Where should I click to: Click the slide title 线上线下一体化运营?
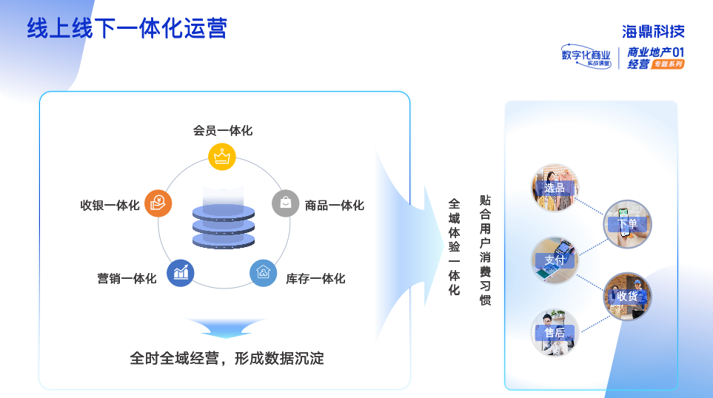pos(127,28)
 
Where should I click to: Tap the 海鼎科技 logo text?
pos(653,31)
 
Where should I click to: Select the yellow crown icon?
pos(221,156)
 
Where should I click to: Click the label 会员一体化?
pos(222,130)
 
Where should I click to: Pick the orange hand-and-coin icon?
pos(158,203)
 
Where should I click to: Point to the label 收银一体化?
pos(110,205)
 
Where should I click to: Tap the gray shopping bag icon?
pos(285,203)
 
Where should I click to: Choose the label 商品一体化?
pos(335,205)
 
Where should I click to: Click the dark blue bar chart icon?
pos(181,273)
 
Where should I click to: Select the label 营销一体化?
pos(127,279)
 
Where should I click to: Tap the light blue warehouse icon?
pos(263,273)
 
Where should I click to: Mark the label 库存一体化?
pos(315,279)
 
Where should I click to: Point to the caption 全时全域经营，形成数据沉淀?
pos(227,359)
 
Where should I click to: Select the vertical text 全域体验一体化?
pos(454,246)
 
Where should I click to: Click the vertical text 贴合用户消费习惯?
pos(486,250)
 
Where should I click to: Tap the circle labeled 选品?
pos(555,188)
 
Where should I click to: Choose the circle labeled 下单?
pos(627,223)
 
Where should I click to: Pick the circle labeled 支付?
pos(555,260)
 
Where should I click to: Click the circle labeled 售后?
pos(555,332)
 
